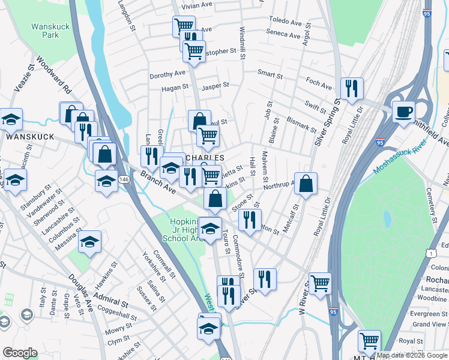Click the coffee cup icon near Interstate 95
point(403,111)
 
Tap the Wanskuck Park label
point(46,30)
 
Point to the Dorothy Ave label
point(167,74)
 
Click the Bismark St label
point(301,124)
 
